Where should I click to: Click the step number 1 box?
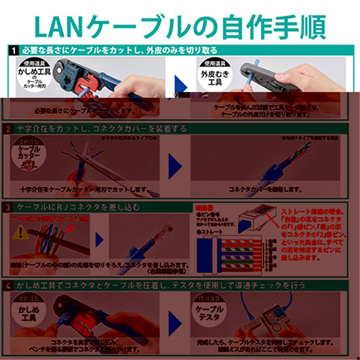(13, 50)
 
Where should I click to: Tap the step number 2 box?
(9, 129)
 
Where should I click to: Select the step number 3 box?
(9, 207)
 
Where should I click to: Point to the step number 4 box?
(9, 286)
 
